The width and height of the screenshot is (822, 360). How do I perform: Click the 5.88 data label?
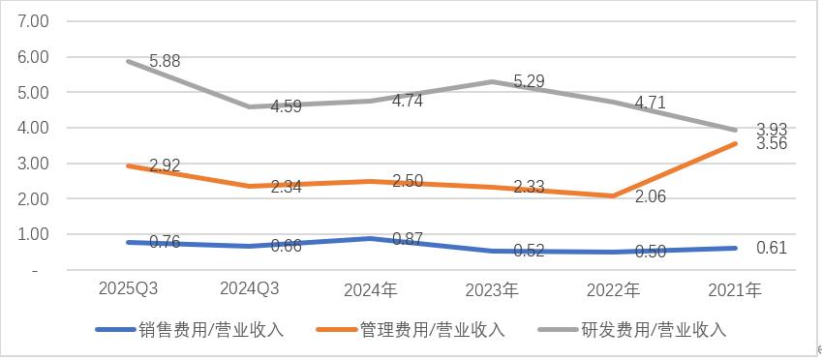coord(165,61)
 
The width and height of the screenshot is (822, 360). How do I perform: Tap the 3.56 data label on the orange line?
coord(771,143)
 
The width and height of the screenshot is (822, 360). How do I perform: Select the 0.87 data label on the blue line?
coord(409,238)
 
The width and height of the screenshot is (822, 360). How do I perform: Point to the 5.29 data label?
coord(529,82)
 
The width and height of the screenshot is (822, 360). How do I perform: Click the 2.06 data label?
coord(649,196)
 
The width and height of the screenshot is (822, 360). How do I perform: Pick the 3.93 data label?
coord(771,129)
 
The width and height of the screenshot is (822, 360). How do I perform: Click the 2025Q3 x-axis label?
coord(129,289)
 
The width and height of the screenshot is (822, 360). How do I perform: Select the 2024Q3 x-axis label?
coord(251,289)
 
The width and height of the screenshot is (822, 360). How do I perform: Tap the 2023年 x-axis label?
coord(493,289)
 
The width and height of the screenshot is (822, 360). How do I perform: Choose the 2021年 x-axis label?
coord(736,289)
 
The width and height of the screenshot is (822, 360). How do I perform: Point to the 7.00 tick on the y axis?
coord(35,21)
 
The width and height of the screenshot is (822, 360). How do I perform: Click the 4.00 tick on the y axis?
coord(35,128)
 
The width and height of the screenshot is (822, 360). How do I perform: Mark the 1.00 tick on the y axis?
coord(35,234)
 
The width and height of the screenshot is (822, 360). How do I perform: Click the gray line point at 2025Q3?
coord(129,61)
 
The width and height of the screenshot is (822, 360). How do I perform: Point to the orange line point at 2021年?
coord(736,144)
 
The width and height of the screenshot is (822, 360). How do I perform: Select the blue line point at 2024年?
coord(372,238)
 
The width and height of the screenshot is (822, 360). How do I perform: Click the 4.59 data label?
coord(285,106)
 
